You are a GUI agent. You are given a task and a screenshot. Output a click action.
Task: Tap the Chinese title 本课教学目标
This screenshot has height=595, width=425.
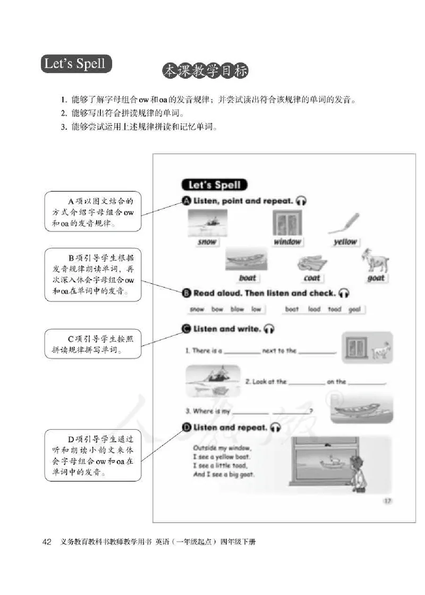click(x=205, y=71)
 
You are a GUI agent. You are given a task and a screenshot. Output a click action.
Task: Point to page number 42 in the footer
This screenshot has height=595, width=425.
click(x=46, y=542)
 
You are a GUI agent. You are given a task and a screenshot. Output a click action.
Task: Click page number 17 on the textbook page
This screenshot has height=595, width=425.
click(x=387, y=500)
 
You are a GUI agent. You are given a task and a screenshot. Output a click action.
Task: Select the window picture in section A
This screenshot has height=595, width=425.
click(x=287, y=222)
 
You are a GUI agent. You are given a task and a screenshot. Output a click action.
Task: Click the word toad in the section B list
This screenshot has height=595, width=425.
click(x=334, y=309)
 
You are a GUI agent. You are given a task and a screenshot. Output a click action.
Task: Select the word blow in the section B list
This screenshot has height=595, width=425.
click(x=237, y=309)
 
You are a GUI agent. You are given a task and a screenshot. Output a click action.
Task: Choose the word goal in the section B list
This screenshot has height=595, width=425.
click(x=354, y=309)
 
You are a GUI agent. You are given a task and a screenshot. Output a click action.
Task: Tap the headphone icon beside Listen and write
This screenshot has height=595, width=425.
click(x=269, y=329)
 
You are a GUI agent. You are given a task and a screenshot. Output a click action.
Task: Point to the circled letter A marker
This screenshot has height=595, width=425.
click(x=186, y=201)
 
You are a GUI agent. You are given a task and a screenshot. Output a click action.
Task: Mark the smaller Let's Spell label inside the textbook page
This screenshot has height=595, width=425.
click(x=214, y=185)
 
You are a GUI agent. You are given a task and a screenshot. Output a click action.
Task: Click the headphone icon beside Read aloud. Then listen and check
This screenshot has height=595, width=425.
click(x=344, y=293)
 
